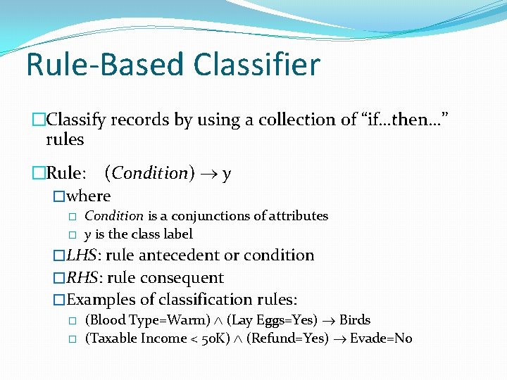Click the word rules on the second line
pos(65,139)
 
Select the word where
pos(89,196)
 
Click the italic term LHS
pos(82,255)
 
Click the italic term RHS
pos(82,278)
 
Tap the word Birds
pos(355,320)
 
